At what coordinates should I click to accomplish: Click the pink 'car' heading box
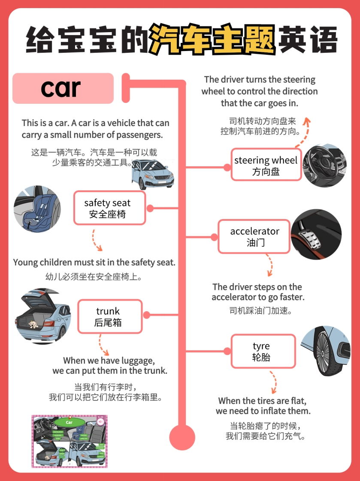[x=63, y=88]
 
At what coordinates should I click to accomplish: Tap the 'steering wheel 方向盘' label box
[x=265, y=165]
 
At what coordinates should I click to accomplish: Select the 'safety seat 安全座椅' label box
[x=109, y=208]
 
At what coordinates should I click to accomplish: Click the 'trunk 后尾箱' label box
[x=109, y=316]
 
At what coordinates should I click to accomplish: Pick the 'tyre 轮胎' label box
[x=263, y=351]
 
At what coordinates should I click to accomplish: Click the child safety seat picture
[x=37, y=208]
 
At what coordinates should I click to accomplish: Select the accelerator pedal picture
[x=316, y=234]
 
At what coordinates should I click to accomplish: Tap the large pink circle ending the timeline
[x=182, y=437]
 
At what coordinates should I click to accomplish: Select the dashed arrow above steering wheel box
[x=303, y=130]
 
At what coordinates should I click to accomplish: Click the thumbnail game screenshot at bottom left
[x=70, y=441]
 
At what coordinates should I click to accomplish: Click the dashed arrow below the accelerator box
[x=269, y=265]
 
